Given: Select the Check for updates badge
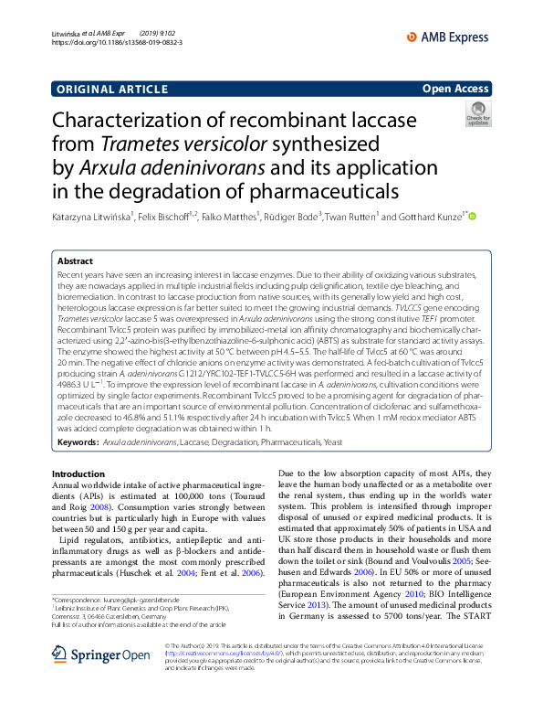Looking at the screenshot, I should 477,114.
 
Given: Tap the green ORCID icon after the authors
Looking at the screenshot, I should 473,218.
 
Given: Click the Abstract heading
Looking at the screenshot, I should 75,260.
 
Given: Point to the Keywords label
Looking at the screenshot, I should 78,441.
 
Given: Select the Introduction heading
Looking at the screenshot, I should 78,473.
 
